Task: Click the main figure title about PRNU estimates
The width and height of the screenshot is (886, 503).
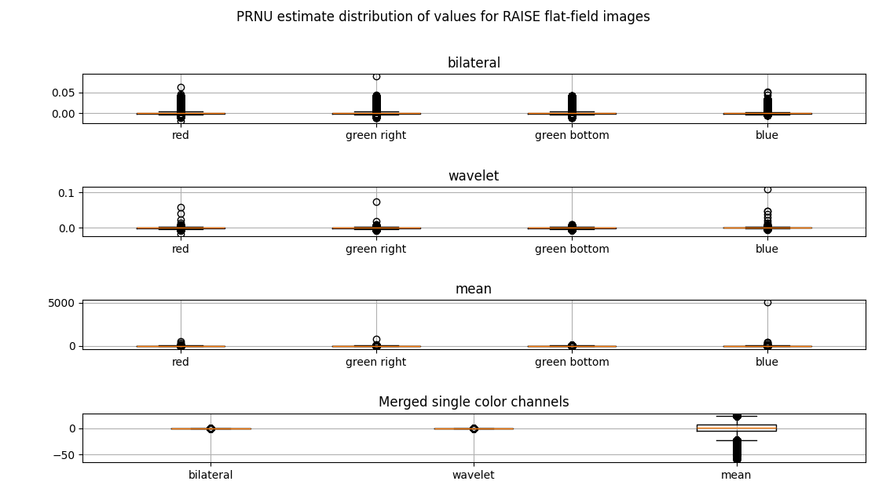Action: click(443, 17)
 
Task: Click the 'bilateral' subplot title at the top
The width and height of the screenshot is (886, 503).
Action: click(474, 63)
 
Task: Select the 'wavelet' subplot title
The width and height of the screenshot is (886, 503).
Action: click(474, 176)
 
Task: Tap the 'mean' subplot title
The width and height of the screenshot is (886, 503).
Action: click(474, 289)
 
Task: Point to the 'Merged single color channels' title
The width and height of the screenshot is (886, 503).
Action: click(474, 402)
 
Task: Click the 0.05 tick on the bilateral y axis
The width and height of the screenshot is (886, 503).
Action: click(64, 93)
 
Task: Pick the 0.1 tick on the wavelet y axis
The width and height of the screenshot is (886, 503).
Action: click(66, 193)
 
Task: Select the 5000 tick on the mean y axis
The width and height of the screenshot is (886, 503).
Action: click(62, 303)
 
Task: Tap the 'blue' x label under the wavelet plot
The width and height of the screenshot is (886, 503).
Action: click(767, 249)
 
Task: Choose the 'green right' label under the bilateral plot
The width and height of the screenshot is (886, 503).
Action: click(375, 136)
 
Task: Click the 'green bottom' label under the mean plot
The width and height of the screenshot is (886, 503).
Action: click(572, 362)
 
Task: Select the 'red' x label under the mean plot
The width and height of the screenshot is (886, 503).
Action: click(180, 362)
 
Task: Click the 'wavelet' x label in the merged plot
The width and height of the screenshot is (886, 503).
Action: click(474, 476)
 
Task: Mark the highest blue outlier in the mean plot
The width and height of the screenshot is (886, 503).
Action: click(767, 303)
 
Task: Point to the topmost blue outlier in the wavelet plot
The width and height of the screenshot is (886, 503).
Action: click(767, 190)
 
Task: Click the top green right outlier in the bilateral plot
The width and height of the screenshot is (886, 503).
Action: click(376, 76)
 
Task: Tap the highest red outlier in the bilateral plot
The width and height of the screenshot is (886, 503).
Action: click(181, 88)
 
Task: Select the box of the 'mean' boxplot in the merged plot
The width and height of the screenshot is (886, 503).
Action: click(736, 428)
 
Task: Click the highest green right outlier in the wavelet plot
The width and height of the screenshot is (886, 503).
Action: click(376, 202)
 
